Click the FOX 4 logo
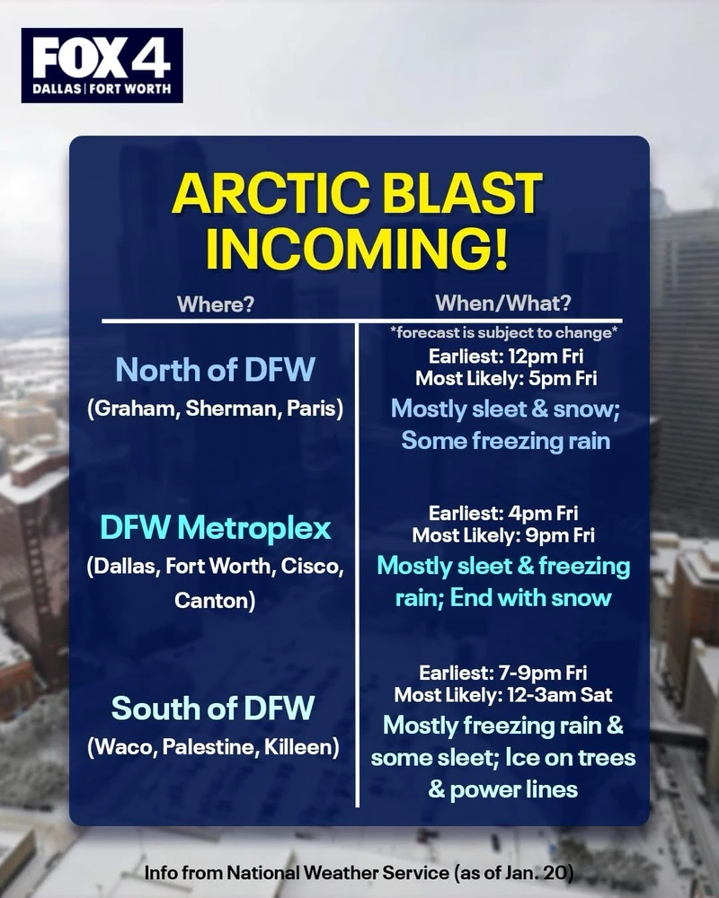click(102, 66)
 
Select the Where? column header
click(215, 304)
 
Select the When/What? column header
click(502, 303)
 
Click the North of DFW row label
click(215, 369)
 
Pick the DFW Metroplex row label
click(215, 527)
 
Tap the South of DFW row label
click(213, 708)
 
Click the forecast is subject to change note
click(503, 333)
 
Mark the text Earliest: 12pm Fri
click(506, 357)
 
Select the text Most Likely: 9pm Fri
click(502, 535)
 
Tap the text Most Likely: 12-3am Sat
click(502, 695)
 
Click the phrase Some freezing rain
click(505, 441)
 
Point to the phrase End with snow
click(530, 598)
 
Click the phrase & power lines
click(502, 789)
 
